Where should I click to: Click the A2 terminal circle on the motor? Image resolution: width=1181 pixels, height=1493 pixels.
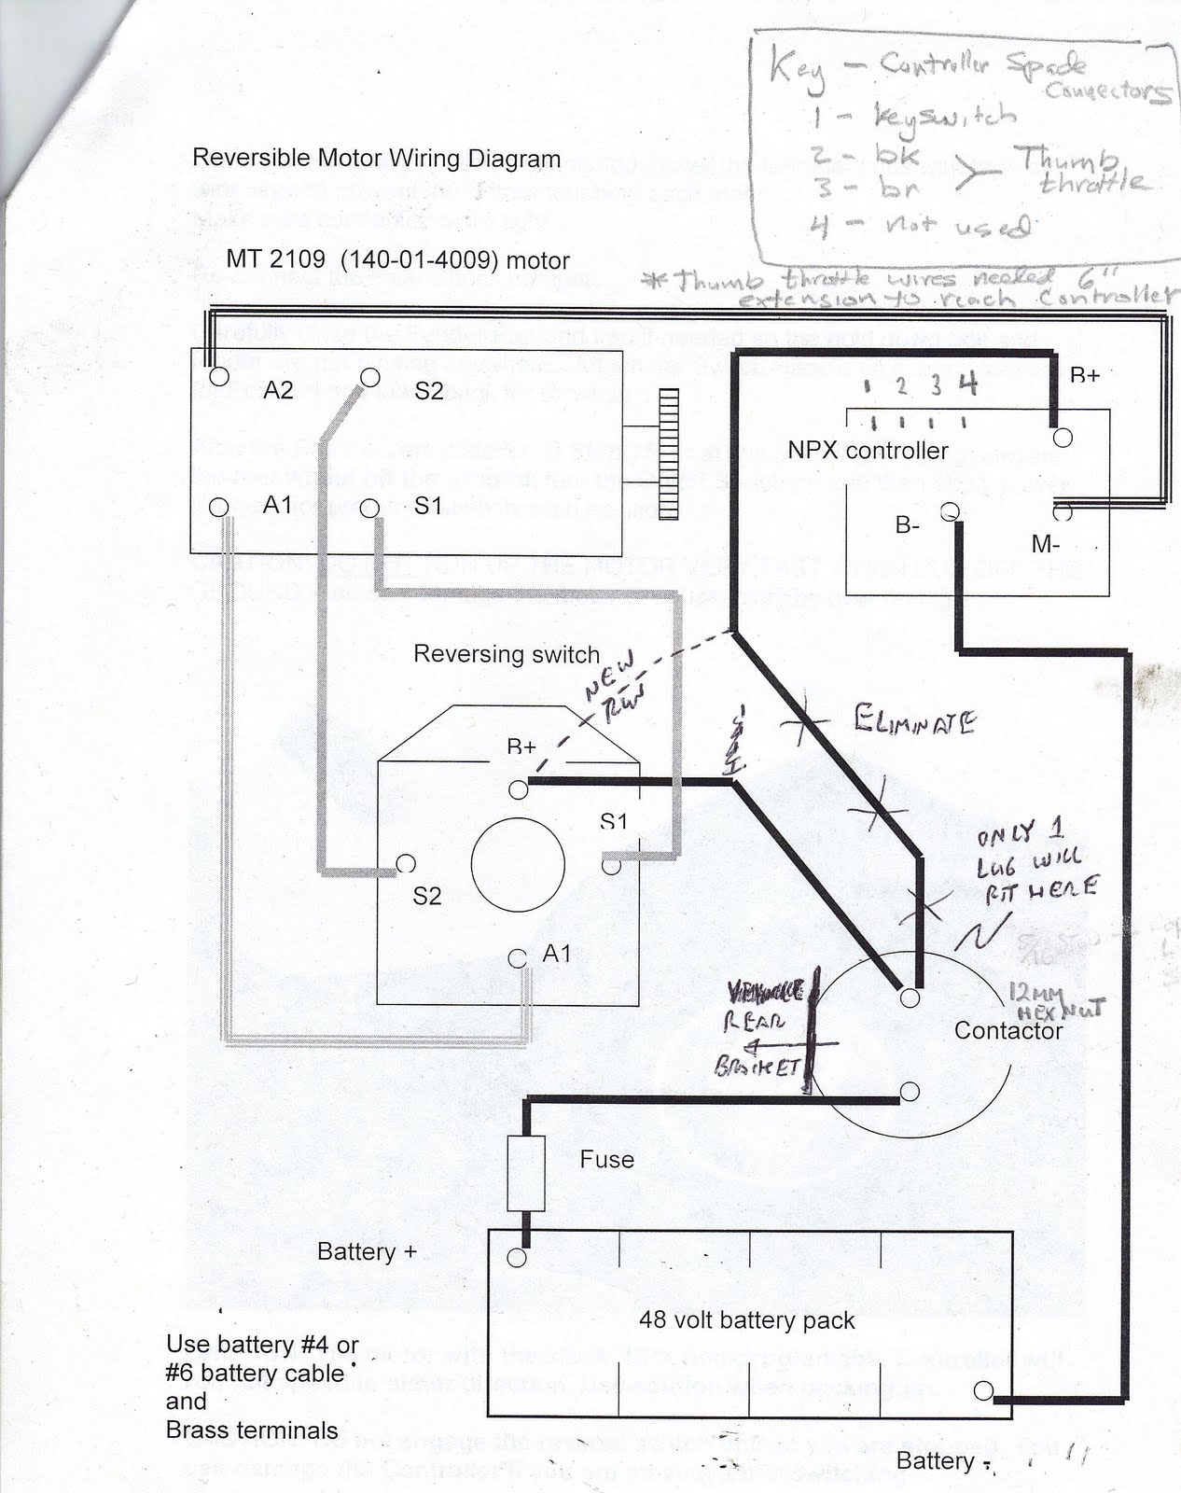click(219, 377)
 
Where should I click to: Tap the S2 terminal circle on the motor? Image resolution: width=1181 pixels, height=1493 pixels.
click(370, 377)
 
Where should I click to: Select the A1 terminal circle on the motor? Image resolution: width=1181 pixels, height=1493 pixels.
click(218, 507)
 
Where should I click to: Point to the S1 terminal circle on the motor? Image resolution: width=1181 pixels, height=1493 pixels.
click(369, 508)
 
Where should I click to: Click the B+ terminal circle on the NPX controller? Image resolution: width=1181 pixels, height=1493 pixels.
click(1062, 438)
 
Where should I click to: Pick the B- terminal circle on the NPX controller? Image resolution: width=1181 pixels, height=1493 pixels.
click(950, 512)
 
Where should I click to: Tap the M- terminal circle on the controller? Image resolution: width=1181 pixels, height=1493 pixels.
click(1062, 511)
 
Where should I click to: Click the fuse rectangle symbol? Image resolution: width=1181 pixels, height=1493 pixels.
click(525, 1173)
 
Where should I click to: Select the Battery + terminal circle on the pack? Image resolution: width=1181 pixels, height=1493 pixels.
click(517, 1257)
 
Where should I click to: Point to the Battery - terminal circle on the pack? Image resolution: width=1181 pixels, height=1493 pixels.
click(983, 1390)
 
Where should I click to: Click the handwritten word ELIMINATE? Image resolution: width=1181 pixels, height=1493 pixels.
click(913, 720)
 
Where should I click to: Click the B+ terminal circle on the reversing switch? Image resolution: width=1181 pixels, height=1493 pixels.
click(519, 790)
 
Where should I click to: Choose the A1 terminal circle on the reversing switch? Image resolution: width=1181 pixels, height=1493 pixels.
click(519, 958)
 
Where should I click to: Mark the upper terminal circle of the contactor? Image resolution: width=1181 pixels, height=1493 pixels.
click(910, 998)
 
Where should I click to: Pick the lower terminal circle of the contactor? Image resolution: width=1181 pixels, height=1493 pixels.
click(910, 1092)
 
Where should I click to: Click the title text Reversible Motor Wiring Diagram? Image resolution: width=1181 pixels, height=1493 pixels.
click(376, 158)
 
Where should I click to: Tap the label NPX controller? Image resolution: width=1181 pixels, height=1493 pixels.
click(868, 451)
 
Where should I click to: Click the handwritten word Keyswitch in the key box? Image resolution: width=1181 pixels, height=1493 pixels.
click(942, 117)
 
